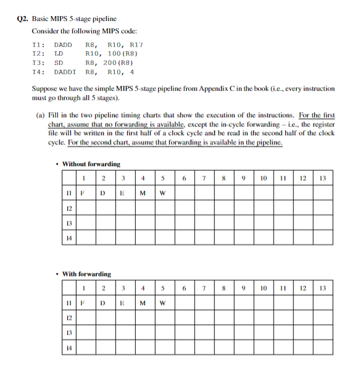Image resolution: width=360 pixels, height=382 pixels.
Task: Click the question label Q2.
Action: (x=21, y=20)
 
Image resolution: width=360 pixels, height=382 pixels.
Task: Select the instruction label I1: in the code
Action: (x=38, y=44)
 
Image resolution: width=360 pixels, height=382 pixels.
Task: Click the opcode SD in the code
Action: (x=59, y=62)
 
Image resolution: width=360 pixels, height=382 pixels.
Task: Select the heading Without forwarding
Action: (x=91, y=164)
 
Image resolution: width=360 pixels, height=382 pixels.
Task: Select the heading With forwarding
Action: (x=87, y=273)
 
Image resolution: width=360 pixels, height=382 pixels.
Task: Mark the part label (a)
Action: (x=41, y=115)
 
